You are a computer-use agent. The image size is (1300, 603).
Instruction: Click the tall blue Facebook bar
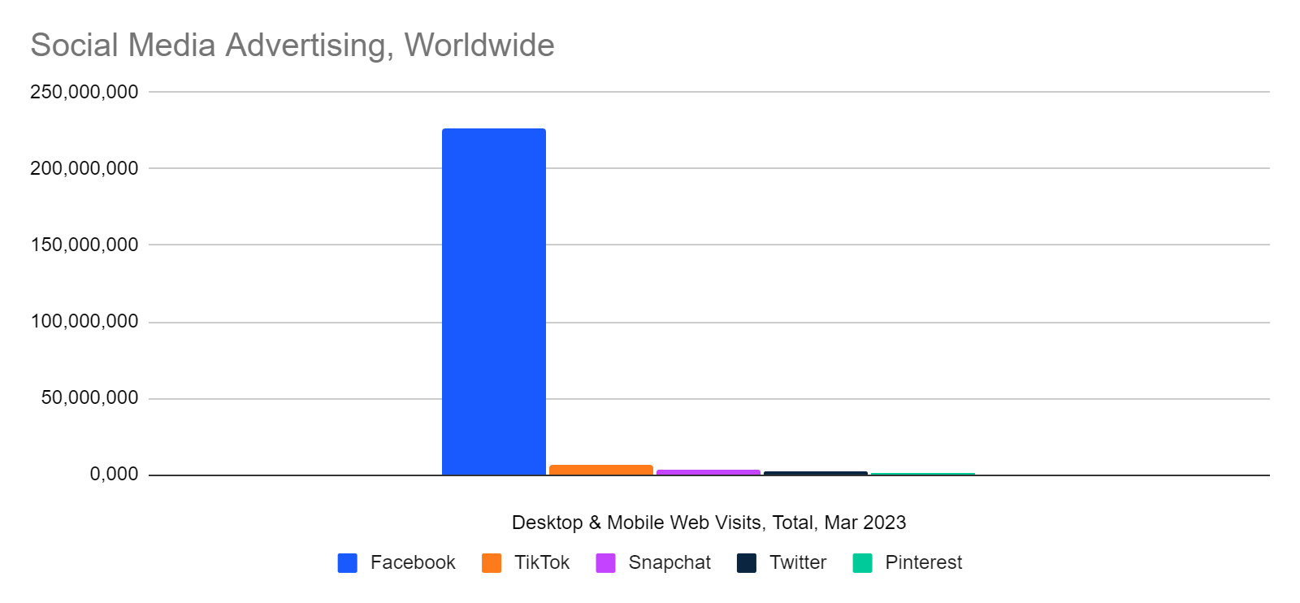[494, 301]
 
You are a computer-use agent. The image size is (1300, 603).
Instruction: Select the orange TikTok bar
[601, 470]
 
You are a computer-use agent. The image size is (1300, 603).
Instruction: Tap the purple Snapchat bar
[708, 472]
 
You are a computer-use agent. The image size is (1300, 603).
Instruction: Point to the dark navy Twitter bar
[816, 474]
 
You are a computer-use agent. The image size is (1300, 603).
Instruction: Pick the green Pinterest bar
[923, 474]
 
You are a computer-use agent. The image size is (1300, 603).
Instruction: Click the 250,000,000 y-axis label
[84, 92]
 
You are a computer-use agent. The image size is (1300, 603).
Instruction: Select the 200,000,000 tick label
[84, 168]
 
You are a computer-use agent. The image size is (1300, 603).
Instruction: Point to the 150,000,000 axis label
[84, 245]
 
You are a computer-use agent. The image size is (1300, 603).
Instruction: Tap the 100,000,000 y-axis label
[84, 322]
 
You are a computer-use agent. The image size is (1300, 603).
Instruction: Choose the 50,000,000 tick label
[90, 398]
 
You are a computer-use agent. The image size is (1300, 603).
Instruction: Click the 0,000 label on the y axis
[115, 475]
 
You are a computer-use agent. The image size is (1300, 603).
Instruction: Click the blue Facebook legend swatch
[347, 563]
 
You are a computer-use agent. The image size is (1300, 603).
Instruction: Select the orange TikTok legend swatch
[492, 563]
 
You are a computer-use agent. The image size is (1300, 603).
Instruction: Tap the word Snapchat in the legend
[669, 563]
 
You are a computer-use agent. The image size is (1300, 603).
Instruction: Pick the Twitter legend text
[798, 562]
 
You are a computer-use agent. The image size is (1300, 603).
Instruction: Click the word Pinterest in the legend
[923, 562]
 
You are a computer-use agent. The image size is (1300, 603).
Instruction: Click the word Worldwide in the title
[479, 46]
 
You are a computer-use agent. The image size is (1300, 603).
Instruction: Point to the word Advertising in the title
[310, 46]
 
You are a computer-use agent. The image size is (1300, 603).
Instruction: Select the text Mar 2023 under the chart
[864, 523]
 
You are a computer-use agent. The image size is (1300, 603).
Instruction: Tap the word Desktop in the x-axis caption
[548, 523]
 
